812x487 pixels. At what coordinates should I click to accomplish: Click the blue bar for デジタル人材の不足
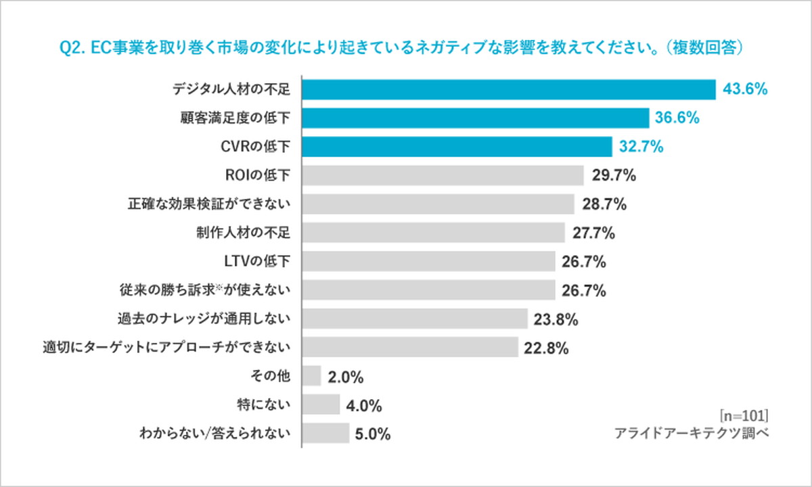(508, 89)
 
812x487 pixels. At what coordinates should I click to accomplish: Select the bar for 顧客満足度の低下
(475, 118)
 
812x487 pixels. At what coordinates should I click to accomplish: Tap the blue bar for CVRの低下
(457, 147)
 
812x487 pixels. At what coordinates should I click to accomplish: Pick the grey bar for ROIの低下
(443, 176)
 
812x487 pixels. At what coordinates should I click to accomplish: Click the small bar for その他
(311, 376)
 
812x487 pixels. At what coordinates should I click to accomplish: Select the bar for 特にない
(321, 405)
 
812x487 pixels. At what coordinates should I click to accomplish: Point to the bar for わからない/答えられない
(325, 434)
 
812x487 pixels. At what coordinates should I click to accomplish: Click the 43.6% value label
(746, 89)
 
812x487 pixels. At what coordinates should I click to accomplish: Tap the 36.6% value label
(677, 118)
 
